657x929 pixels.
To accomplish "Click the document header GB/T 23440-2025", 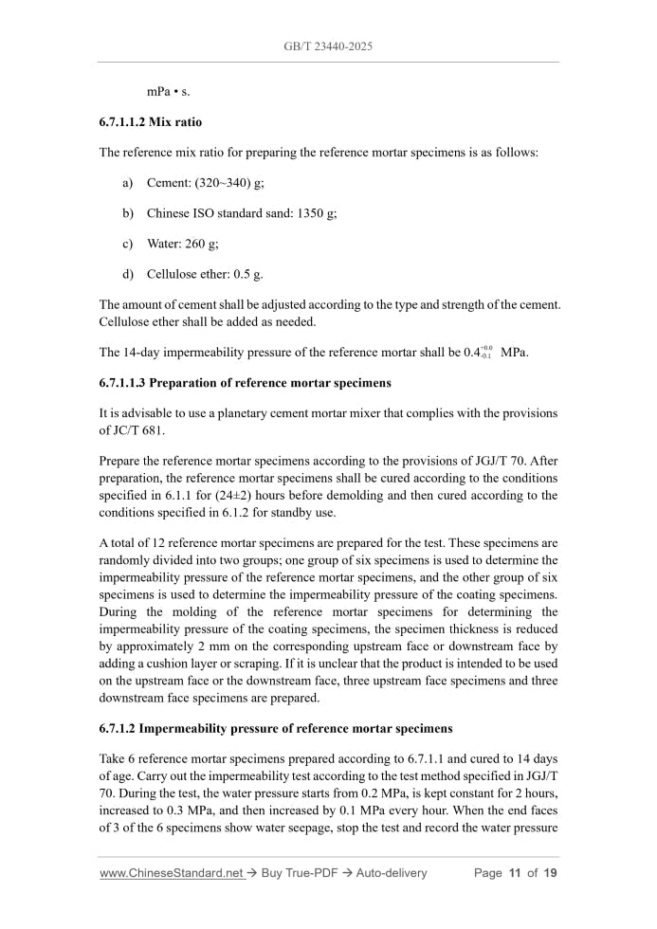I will (x=328, y=45).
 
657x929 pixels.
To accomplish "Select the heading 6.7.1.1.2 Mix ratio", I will (x=151, y=122).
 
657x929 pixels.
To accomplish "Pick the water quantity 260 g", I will (x=202, y=244).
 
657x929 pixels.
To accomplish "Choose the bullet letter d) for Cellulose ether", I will (x=128, y=274).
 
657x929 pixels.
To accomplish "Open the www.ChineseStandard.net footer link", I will (x=171, y=873).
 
